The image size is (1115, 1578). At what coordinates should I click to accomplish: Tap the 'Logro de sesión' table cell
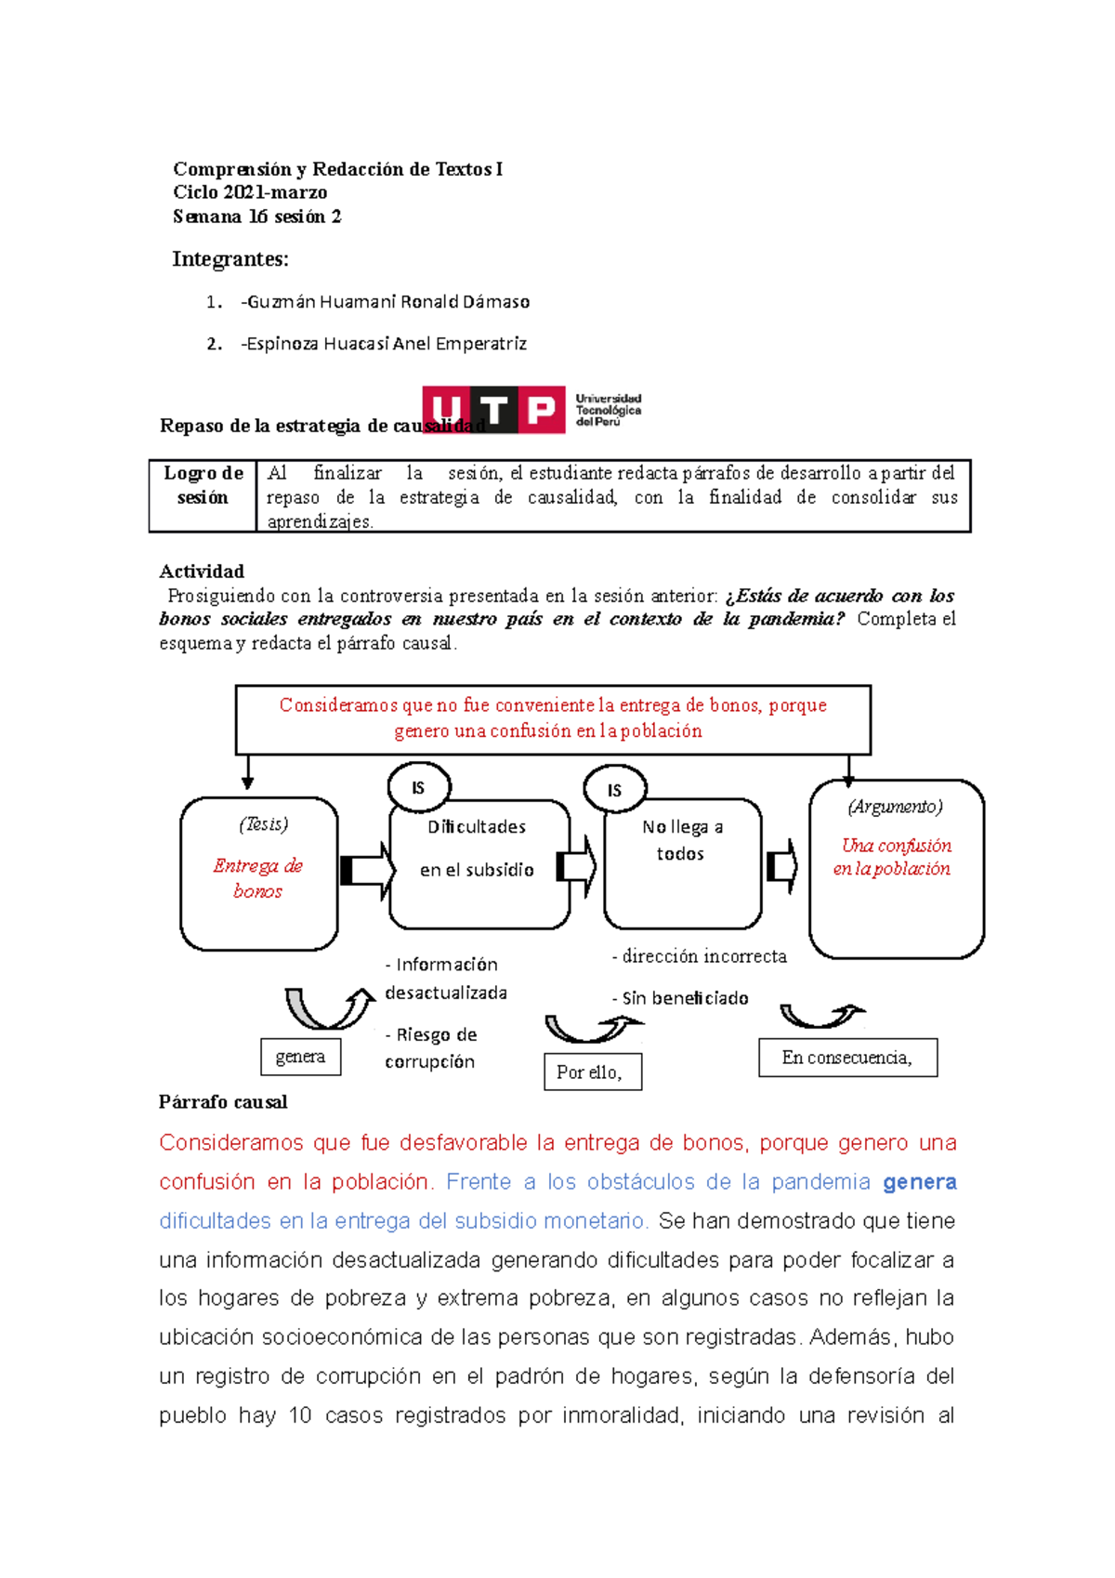(x=203, y=486)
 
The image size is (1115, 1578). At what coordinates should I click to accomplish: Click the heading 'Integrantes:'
(x=230, y=259)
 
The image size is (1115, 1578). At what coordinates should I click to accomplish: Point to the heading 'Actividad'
(x=202, y=572)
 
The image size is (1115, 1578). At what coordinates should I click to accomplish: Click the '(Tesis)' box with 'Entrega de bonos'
(x=258, y=873)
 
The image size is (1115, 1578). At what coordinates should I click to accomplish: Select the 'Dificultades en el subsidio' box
(x=479, y=864)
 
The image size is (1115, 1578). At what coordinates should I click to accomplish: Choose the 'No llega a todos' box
(x=682, y=864)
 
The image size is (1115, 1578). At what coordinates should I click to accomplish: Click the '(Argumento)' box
(x=896, y=868)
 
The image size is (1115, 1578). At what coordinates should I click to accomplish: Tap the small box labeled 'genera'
(x=300, y=1057)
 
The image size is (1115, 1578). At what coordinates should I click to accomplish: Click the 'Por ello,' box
(x=592, y=1072)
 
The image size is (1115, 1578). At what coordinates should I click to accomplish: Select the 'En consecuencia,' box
(x=847, y=1058)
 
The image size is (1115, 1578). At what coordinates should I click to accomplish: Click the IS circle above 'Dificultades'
(x=418, y=788)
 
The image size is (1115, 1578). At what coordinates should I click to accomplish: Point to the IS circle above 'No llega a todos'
(x=614, y=790)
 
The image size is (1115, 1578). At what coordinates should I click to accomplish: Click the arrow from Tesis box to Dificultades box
(x=366, y=871)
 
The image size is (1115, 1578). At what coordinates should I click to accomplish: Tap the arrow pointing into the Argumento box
(x=782, y=867)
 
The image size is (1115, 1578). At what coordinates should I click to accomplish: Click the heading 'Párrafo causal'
(x=223, y=1102)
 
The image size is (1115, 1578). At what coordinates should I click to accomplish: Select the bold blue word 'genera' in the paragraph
(x=919, y=1182)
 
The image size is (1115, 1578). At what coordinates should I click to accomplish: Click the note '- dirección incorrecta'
(x=700, y=956)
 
